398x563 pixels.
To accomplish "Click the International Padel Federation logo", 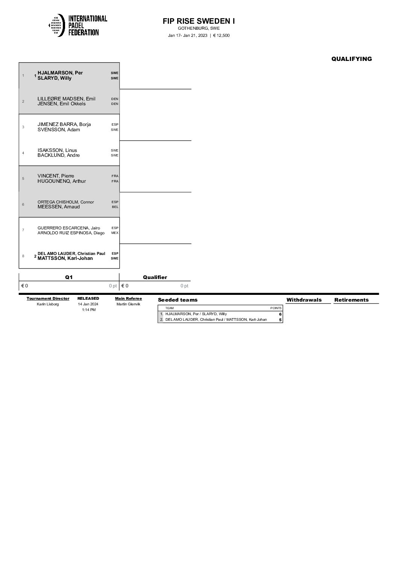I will tap(78, 25).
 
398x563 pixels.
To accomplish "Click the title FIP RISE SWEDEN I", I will tap(199, 21).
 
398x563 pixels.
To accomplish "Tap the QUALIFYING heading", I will tap(351, 59).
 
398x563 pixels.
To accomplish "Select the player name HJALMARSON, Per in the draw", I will tap(60, 73).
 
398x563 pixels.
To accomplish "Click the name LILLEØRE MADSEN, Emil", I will tap(67, 99).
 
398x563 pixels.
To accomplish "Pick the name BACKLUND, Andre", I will tap(59, 155).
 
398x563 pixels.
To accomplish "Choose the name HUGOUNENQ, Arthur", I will tap(62, 181).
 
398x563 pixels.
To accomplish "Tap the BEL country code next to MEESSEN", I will tap(115, 207).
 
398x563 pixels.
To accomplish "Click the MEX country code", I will tap(115, 233).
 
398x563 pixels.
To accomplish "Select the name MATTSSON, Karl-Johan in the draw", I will tap(65, 258).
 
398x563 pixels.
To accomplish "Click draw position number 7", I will tap(23, 230).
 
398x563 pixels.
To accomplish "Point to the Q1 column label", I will tap(69, 277).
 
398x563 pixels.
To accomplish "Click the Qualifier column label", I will tap(155, 277).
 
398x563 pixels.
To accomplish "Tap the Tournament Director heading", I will tap(48, 299).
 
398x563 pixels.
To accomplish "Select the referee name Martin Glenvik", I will tap(128, 304).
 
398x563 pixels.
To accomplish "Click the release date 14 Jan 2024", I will tap(88, 304).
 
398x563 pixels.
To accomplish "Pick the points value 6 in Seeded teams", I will tap(280, 314).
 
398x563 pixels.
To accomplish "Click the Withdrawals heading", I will tap(304, 300).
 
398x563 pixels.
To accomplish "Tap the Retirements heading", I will tap(351, 300).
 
